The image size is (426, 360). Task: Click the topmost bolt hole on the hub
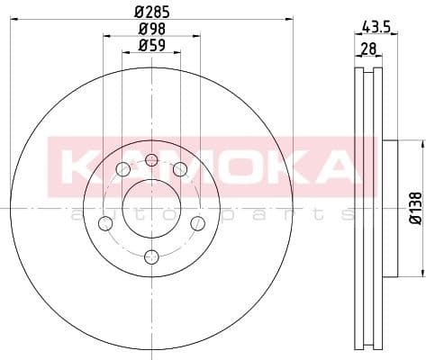(x=151, y=161)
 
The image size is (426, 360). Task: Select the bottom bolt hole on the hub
(x=151, y=257)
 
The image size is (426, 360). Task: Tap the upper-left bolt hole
(x=123, y=168)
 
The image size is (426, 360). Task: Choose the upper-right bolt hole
(x=179, y=168)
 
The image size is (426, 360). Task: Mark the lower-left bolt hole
(x=105, y=223)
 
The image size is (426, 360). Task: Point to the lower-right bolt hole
(x=197, y=223)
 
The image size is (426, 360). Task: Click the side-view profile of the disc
(x=371, y=207)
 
